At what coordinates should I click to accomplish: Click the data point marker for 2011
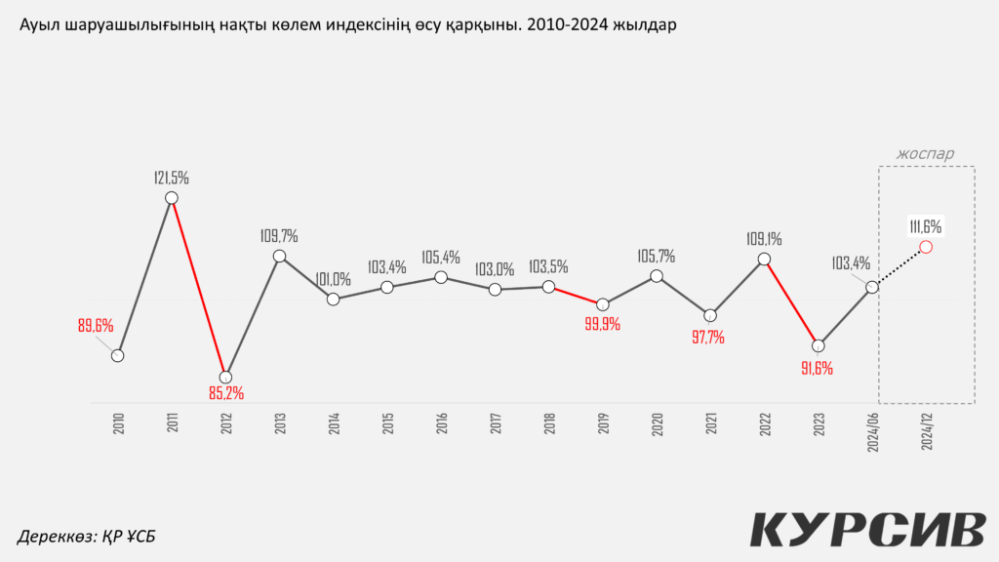click(x=172, y=198)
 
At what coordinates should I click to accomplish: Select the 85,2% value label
click(x=225, y=393)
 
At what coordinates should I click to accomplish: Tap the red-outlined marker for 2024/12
click(x=926, y=247)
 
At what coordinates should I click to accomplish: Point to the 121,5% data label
click(x=172, y=178)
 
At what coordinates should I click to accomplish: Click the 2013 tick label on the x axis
click(x=280, y=423)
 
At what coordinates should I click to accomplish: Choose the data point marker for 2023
click(x=819, y=345)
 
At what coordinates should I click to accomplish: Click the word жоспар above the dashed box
click(x=926, y=153)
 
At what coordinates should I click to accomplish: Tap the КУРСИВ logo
click(x=867, y=529)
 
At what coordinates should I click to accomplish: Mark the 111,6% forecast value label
click(x=926, y=225)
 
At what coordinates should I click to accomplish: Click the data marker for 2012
click(x=225, y=377)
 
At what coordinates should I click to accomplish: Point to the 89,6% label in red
click(x=96, y=326)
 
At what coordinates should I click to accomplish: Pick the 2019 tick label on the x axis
click(x=603, y=423)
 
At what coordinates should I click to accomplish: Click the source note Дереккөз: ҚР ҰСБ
click(x=87, y=536)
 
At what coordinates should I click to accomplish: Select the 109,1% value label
click(x=764, y=238)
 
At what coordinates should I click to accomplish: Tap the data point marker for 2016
click(x=441, y=277)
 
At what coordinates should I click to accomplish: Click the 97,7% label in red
click(x=709, y=338)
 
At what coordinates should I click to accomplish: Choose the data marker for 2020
click(x=657, y=276)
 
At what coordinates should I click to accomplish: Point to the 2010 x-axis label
click(x=118, y=423)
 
